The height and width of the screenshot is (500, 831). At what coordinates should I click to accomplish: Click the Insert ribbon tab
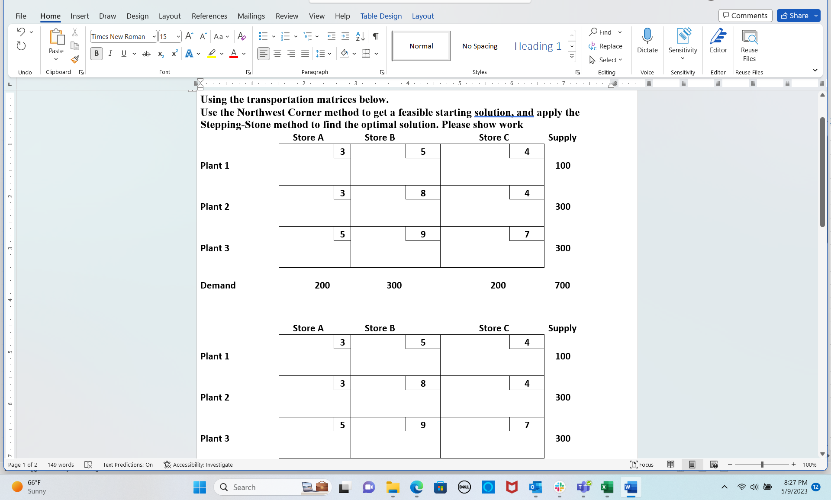pyautogui.click(x=80, y=16)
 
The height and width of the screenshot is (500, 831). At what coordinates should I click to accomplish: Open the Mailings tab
pyautogui.click(x=251, y=16)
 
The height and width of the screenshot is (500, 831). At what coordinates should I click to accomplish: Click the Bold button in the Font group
pyautogui.click(x=97, y=54)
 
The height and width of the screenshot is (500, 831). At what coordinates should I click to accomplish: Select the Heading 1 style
pyautogui.click(x=538, y=46)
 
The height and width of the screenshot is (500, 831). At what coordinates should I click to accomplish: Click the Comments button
pyautogui.click(x=745, y=16)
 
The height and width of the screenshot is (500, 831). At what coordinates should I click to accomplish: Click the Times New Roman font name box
pyautogui.click(x=120, y=37)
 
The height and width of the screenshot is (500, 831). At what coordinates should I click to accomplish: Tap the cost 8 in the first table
pyautogui.click(x=423, y=193)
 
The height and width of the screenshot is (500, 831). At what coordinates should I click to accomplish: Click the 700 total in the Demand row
pyautogui.click(x=562, y=285)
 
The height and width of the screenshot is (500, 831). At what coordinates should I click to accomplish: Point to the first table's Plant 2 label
pyautogui.click(x=215, y=207)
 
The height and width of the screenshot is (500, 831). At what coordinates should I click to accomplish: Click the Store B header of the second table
pyautogui.click(x=380, y=328)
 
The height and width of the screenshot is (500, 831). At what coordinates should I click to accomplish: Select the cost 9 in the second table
pyautogui.click(x=423, y=425)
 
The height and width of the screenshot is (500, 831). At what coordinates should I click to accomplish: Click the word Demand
pyautogui.click(x=218, y=285)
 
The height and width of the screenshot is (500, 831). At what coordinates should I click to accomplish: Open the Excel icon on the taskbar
pyautogui.click(x=607, y=487)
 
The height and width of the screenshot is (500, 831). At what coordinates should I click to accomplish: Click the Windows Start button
pyautogui.click(x=200, y=487)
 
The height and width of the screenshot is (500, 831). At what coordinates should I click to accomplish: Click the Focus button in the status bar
pyautogui.click(x=642, y=465)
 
